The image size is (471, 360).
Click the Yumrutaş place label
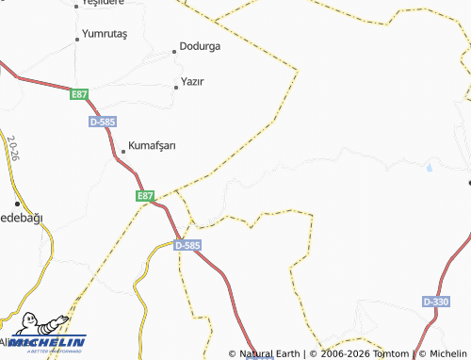pos(105,34)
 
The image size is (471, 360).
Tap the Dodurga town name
pos(199,46)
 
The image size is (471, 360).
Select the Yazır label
pos(192,81)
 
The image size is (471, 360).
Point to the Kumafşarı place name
pos(152,145)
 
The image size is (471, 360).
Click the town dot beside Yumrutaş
pos(77,40)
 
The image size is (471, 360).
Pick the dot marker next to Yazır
pos(176,87)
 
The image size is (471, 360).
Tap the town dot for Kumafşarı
pos(122,151)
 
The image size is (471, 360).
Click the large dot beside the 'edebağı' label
pos(17,204)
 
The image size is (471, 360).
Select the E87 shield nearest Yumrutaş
pos(78,94)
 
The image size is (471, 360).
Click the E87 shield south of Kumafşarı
pos(144,196)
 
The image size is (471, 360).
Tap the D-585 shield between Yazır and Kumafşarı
pos(102,123)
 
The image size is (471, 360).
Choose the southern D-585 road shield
pos(187,245)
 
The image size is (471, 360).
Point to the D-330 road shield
pos(436,301)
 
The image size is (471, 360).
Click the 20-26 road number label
pos(12,149)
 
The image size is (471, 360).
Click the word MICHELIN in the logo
pos(58,341)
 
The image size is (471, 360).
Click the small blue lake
pos(429,169)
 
